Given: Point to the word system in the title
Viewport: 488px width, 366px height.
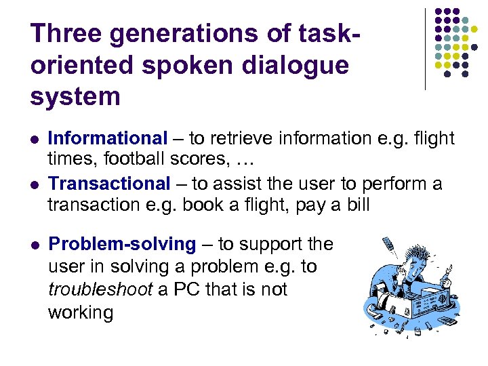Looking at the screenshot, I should point(75,96).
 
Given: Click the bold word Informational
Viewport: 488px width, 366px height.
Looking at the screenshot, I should point(108,138).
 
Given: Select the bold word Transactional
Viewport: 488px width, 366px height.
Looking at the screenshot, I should point(110,183).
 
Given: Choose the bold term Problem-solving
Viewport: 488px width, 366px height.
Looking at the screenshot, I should point(123,244).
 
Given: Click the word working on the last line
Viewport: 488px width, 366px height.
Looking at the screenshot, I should point(81,312).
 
